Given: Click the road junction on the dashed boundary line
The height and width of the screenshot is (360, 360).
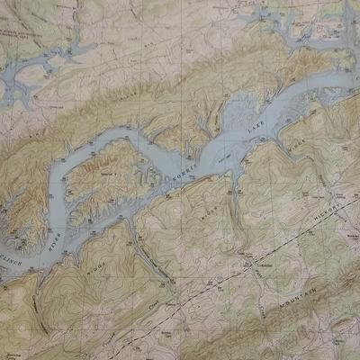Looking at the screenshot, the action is (244, 267).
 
